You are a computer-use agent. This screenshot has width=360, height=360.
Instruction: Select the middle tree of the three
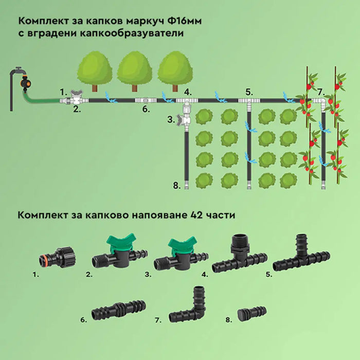pyautogui.click(x=135, y=70)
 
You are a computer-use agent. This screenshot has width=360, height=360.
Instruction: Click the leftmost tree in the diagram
pyautogui.click(x=95, y=70)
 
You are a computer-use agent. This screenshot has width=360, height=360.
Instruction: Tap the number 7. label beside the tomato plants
pyautogui.click(x=320, y=92)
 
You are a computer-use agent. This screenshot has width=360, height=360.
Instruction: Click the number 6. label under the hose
pyautogui.click(x=146, y=109)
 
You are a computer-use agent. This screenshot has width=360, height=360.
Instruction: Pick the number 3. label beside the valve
pyautogui.click(x=171, y=119)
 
